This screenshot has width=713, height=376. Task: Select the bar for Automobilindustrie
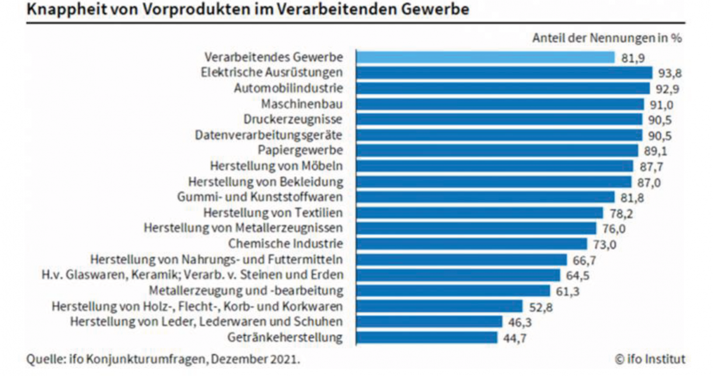pyautogui.click(x=503, y=88)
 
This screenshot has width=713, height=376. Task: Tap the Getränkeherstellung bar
pyautogui.click(x=426, y=338)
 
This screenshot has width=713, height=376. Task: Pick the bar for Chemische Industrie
pyautogui.click(x=471, y=244)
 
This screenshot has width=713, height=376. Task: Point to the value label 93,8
pyautogui.click(x=670, y=73)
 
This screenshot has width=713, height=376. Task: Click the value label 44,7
pyautogui.click(x=514, y=338)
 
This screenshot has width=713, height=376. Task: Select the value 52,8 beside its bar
pyautogui.click(x=541, y=307)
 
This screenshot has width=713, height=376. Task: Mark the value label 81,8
pyautogui.click(x=632, y=198)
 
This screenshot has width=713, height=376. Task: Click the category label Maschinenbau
pyautogui.click(x=302, y=104)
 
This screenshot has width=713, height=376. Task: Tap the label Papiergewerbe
pyautogui.click(x=300, y=150)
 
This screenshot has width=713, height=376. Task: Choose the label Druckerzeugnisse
pyautogui.click(x=293, y=119)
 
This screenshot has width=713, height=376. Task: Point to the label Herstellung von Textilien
pyautogui.click(x=273, y=213)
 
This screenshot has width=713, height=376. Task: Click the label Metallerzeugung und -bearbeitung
pyautogui.click(x=246, y=291)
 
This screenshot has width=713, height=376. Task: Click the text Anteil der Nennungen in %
pyautogui.click(x=607, y=38)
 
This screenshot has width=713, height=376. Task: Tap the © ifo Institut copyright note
pyautogui.click(x=650, y=359)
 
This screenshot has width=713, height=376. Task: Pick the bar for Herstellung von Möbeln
pyautogui.click(x=494, y=166)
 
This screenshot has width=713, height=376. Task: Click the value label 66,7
pyautogui.click(x=584, y=261)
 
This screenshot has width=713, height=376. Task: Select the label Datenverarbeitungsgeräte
pyautogui.click(x=269, y=135)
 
